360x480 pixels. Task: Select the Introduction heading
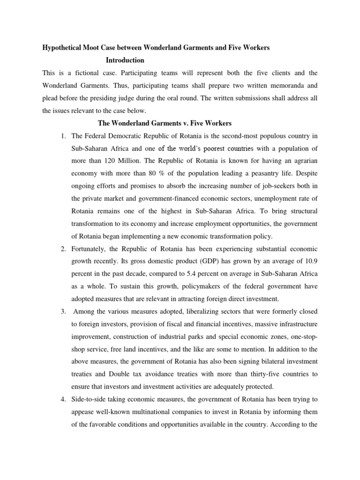pyautogui.click(x=125, y=60)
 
